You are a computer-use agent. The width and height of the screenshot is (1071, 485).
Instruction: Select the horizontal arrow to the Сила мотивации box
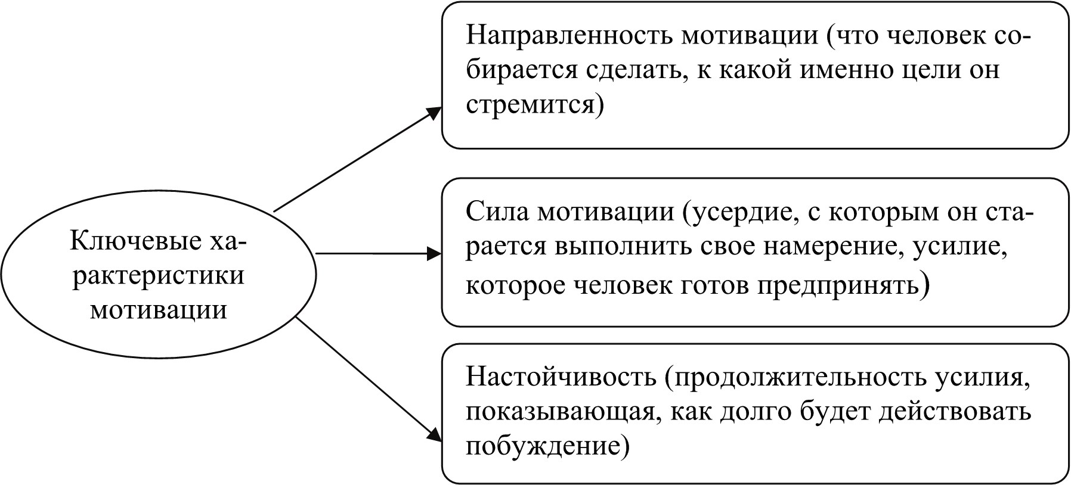[x=379, y=254]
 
